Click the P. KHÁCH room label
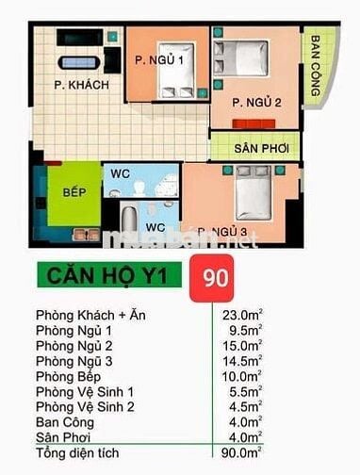(81, 86)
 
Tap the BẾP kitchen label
(74, 192)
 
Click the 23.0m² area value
(241, 315)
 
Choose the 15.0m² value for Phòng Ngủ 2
(241, 347)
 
